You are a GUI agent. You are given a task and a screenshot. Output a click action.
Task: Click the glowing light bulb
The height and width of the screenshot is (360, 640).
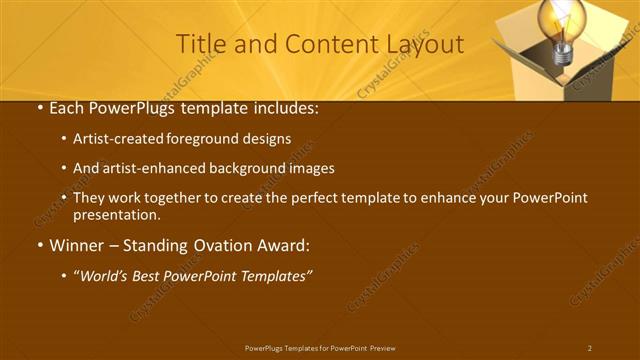561,22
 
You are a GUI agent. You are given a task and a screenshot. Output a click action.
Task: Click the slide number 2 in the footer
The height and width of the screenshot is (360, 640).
590,348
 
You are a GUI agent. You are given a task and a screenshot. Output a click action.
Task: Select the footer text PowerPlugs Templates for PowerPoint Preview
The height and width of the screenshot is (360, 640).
320,348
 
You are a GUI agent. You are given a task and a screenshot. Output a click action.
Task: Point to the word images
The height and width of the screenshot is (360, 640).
310,169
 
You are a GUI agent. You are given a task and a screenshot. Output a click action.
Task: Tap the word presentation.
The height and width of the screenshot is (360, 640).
116,214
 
